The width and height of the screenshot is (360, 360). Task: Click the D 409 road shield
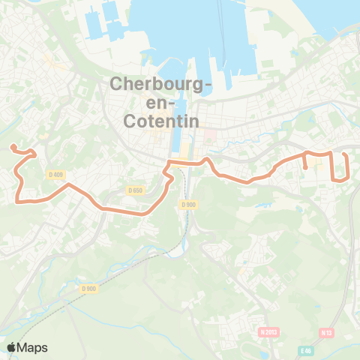click(55, 175)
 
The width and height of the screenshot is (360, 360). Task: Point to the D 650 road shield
click(135, 190)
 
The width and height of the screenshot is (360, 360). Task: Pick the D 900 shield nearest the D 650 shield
click(188, 204)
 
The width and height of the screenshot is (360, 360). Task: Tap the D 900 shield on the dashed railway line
click(88, 288)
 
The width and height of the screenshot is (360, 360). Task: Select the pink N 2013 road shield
click(268, 331)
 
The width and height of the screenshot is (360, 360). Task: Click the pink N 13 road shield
click(327, 332)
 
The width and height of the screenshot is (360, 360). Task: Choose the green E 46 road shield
click(304, 350)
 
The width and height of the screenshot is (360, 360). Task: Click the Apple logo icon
click(12, 347)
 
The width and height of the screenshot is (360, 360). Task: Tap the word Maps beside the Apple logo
click(34, 347)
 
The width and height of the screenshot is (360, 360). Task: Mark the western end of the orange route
click(11, 147)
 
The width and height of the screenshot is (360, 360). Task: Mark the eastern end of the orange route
click(344, 154)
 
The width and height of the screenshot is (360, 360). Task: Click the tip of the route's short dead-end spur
click(306, 168)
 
